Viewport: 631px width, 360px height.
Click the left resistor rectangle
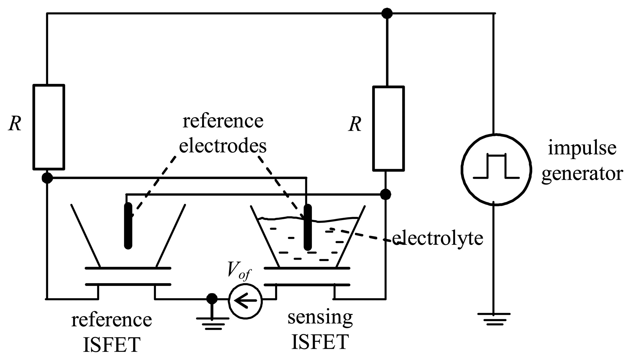tap(49, 127)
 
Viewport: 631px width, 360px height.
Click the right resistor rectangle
tap(388, 129)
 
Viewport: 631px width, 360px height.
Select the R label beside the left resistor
tap(15, 124)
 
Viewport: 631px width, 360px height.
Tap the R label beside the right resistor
tap(355, 124)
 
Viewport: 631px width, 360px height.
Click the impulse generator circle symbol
tap(496, 170)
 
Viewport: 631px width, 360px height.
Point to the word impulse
tap(582, 149)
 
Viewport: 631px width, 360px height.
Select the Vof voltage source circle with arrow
tap(245, 300)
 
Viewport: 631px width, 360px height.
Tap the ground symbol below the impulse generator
tap(493, 319)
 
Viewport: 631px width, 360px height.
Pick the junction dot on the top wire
tap(387, 13)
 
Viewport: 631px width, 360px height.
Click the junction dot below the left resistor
tap(47, 178)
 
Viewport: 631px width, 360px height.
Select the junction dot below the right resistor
tap(385, 194)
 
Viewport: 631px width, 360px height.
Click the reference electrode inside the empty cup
tap(128, 226)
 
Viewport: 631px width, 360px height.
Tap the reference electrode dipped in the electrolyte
tap(307, 227)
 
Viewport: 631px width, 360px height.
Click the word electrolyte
tap(437, 238)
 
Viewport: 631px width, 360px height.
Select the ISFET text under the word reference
tap(111, 345)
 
